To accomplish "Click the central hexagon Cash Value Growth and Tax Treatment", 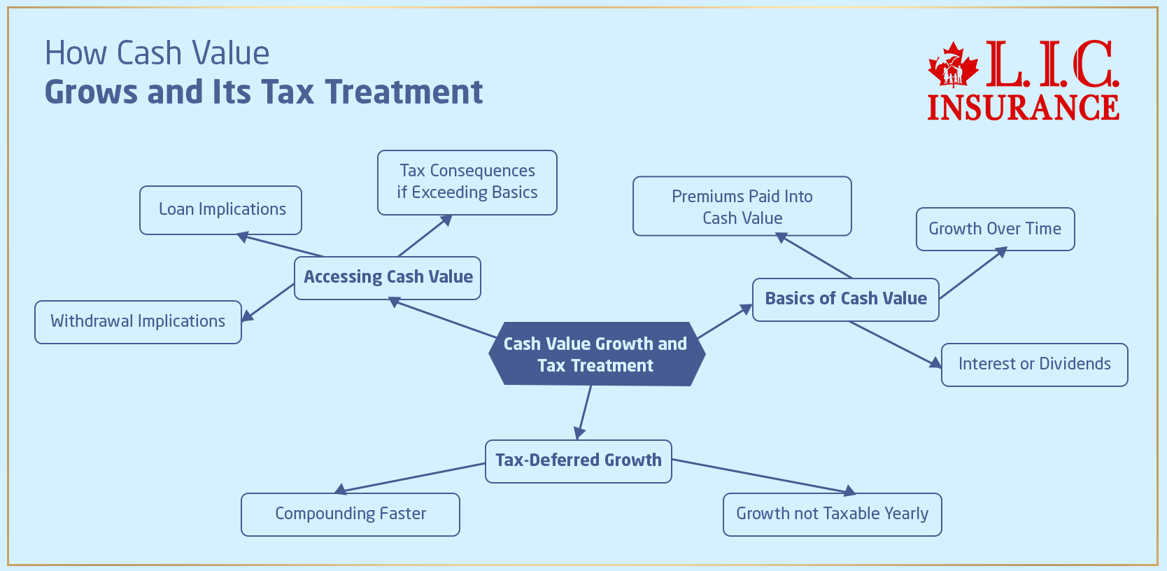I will [x=596, y=354].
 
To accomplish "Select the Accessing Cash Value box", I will [x=388, y=278].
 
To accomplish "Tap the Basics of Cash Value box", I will [x=845, y=299].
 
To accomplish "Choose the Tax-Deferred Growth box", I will [x=578, y=460].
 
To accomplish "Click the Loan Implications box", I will [x=221, y=210].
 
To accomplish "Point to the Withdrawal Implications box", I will [x=138, y=322].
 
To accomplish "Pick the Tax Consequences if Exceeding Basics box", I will [x=467, y=182].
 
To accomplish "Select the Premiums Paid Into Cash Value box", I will [x=742, y=206].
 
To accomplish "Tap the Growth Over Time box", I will [x=994, y=229].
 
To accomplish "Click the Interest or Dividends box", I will [x=1034, y=365].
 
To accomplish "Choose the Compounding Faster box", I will [x=350, y=514].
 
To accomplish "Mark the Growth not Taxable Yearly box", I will [x=832, y=514].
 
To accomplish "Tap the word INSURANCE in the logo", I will [x=1023, y=107].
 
